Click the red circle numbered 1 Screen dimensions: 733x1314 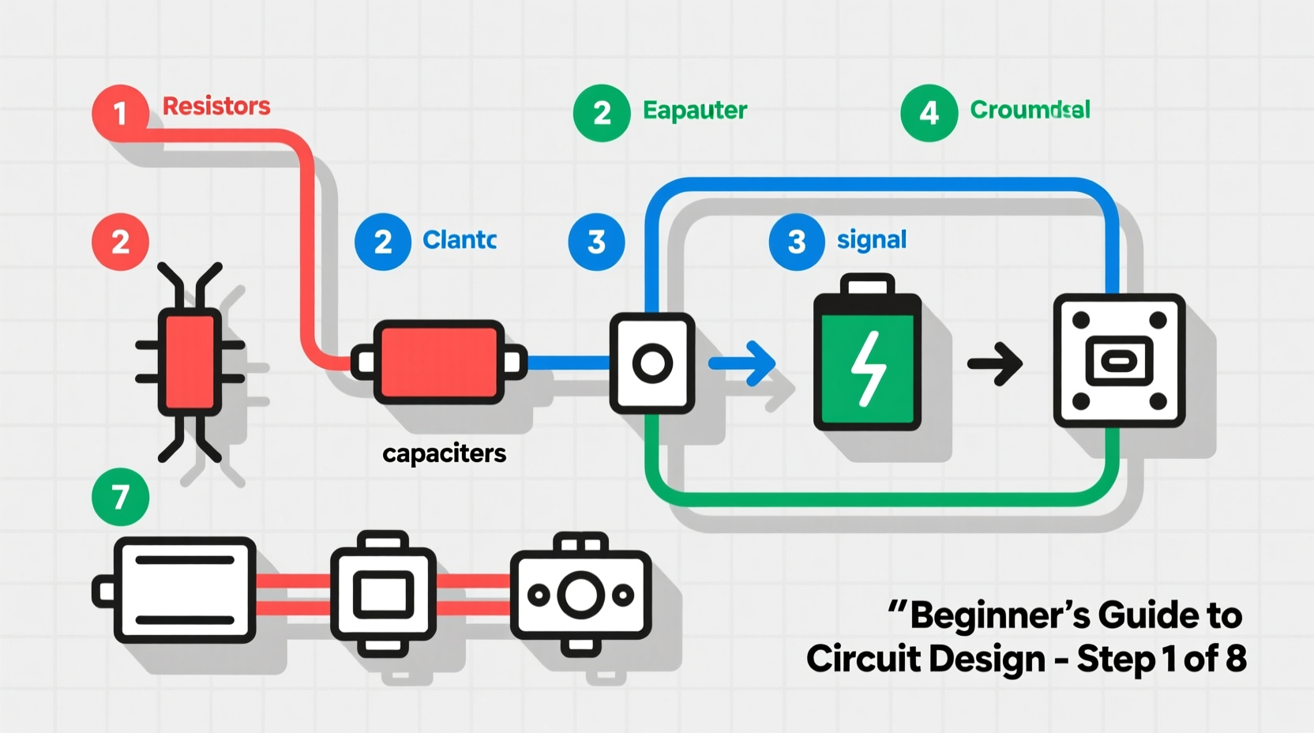pyautogui.click(x=120, y=113)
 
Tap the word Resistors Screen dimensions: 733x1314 pyautogui.click(x=216, y=106)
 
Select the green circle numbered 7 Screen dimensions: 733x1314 pyautogui.click(x=120, y=497)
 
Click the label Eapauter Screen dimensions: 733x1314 pyautogui.click(x=694, y=110)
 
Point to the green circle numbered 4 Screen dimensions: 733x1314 pyautogui.click(x=929, y=113)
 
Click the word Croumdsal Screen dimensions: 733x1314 pyautogui.click(x=1029, y=109)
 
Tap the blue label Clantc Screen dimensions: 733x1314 pyautogui.click(x=459, y=239)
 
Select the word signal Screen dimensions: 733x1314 pyautogui.click(x=871, y=239)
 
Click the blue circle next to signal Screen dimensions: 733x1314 pyautogui.click(x=796, y=242)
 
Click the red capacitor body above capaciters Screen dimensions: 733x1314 pyautogui.click(x=438, y=363)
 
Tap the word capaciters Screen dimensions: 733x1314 pyautogui.click(x=444, y=453)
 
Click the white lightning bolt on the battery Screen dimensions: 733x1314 pyautogui.click(x=868, y=368)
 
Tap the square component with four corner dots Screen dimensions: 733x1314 pyautogui.click(x=1119, y=361)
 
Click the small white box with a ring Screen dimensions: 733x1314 pyautogui.click(x=652, y=363)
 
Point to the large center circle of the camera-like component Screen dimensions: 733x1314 pyautogui.click(x=581, y=595)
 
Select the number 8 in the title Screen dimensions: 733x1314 pyautogui.click(x=1235, y=659)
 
